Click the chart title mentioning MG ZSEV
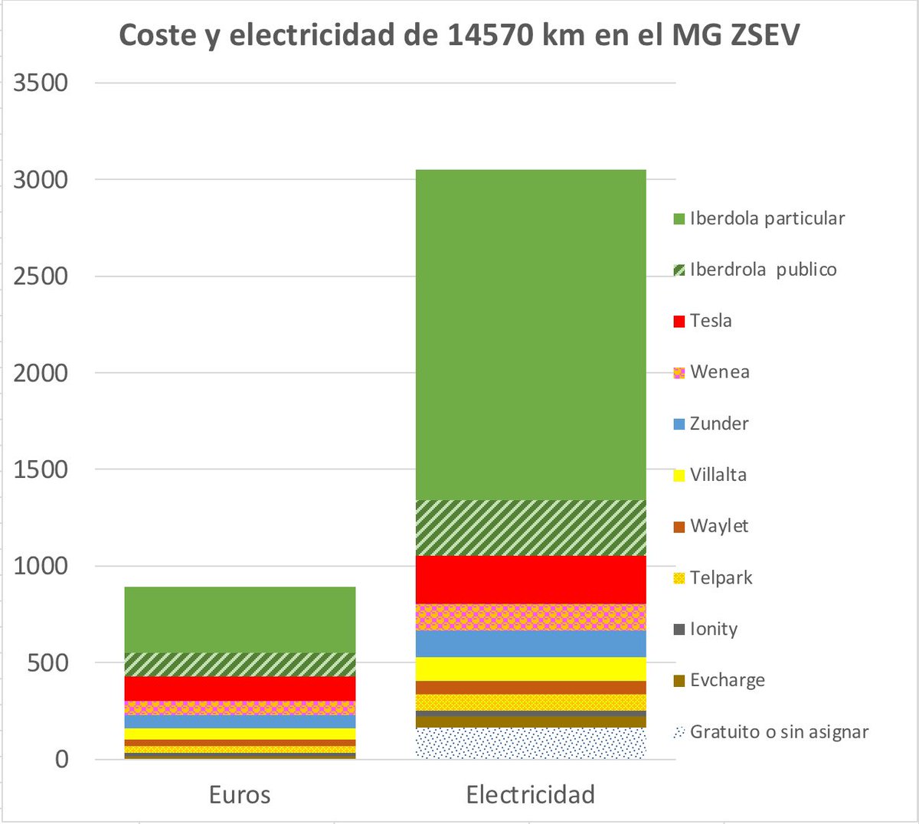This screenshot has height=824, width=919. tap(459, 36)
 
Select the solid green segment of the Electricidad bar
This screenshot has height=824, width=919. tap(531, 335)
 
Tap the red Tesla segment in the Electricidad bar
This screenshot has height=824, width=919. tap(531, 580)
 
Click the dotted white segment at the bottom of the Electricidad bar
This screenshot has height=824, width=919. tap(531, 743)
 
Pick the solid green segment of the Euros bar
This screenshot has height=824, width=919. tap(240, 620)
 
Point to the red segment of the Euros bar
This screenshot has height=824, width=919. tap(240, 688)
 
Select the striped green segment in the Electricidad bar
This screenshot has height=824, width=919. tap(531, 528)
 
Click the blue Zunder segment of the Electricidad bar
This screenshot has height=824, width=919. tap(531, 643)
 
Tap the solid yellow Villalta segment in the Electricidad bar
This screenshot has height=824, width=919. tap(531, 669)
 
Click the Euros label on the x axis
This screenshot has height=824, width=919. tap(240, 795)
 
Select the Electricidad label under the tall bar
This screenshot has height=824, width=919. tap(531, 795)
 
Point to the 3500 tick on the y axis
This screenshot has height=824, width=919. tap(41, 83)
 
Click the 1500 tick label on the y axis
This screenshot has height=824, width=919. tap(41, 469)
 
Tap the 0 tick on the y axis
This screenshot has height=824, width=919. tap(61, 760)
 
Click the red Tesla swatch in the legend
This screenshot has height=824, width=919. tap(679, 322)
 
